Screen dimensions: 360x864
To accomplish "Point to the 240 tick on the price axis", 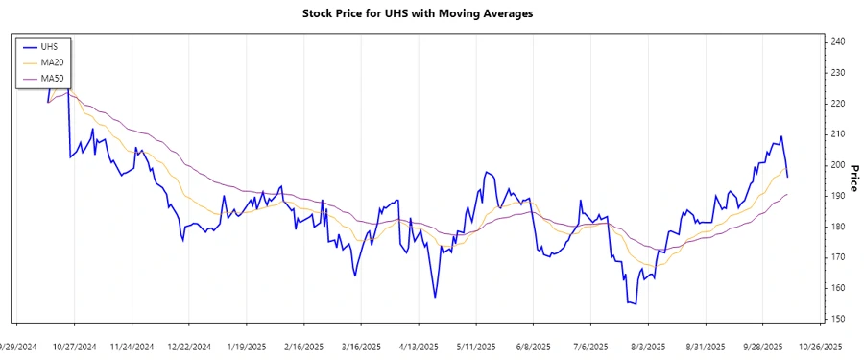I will pos(838,42).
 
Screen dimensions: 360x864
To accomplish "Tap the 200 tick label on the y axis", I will pos(838,165).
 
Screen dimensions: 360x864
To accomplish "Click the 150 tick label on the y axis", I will pos(838,319).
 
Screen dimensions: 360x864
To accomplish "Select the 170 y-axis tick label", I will pos(838,257).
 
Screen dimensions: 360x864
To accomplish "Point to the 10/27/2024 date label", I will pos(74,346).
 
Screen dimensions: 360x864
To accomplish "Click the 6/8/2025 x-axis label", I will pos(533,346).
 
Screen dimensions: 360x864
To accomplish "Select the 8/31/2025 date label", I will pos(706,346).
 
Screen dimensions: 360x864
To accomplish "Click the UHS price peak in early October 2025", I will pos(781,136).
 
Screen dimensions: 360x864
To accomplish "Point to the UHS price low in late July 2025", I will pos(635,304).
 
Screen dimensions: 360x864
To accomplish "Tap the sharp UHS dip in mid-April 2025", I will pos(435,297).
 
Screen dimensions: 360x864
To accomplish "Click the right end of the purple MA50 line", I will pos(788,194).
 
